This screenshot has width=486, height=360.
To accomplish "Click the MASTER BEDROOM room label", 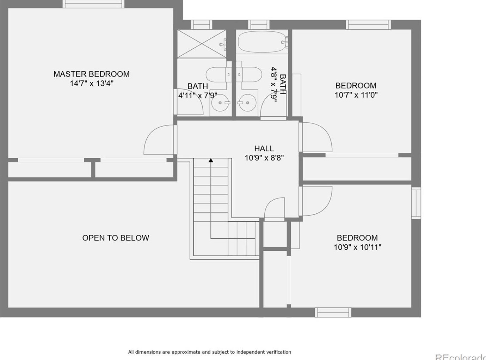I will point(91,74).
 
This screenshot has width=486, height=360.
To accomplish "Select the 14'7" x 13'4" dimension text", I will point(91,84).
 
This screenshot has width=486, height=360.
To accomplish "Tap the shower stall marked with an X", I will point(201,44).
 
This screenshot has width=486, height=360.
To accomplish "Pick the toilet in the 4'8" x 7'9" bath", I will point(250,74).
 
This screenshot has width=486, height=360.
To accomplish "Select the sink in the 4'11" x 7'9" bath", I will point(221,103).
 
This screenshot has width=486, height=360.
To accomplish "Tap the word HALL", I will point(264,148).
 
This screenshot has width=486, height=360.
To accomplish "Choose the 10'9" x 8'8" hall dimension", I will point(264,158).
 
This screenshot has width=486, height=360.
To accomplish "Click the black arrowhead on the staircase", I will point(211,160).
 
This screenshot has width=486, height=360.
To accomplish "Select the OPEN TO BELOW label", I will point(116,238).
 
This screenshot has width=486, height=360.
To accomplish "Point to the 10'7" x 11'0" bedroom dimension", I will point(356,95).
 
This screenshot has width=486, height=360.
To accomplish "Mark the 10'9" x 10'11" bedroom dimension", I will point(357,247).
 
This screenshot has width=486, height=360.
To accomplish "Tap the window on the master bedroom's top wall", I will point(93,4).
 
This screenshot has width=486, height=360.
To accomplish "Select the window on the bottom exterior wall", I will point(333,312).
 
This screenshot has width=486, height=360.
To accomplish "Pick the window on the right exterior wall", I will point(416,203).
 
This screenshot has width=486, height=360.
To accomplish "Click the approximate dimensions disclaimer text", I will point(209,352).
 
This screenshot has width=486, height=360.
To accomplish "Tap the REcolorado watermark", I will point(460,356).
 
